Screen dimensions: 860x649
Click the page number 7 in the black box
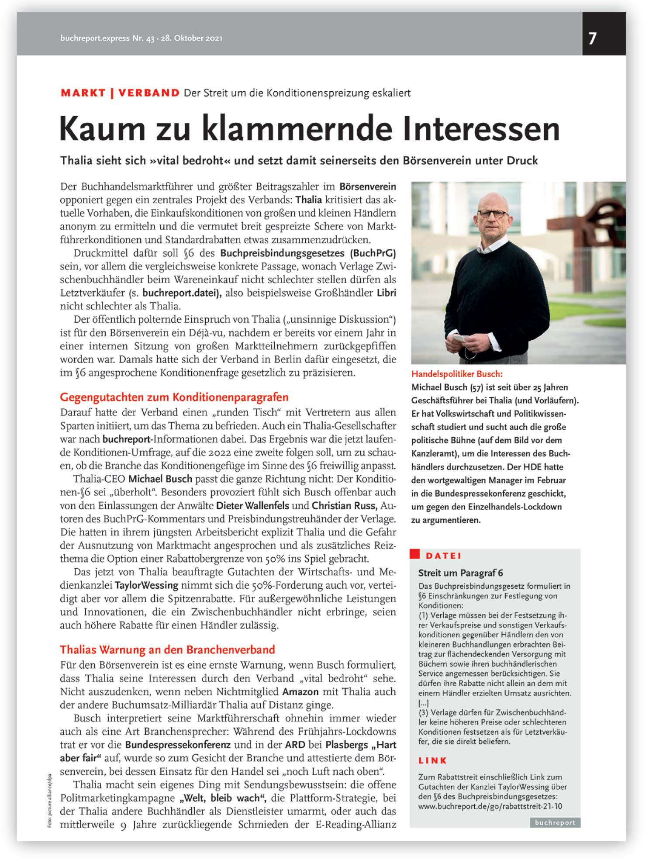pyautogui.click(x=592, y=38)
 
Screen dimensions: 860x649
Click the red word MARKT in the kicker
pyautogui.click(x=83, y=93)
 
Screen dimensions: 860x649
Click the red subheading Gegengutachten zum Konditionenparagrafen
pyautogui.click(x=174, y=397)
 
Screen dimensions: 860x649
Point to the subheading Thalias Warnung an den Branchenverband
pyautogui.click(x=167, y=649)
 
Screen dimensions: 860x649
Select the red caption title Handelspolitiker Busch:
pyautogui.click(x=457, y=374)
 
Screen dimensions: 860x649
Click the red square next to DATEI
pyautogui.click(x=414, y=555)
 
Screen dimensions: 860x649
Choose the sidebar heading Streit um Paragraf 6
pyautogui.click(x=460, y=573)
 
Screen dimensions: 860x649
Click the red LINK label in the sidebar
pyautogui.click(x=432, y=760)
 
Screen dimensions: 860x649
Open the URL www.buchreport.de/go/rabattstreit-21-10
pyautogui.click(x=490, y=806)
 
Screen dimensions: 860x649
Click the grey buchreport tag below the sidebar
pyautogui.click(x=555, y=823)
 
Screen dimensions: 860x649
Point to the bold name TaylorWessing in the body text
pyautogui.click(x=146, y=585)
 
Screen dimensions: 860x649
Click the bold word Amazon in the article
pyautogui.click(x=300, y=691)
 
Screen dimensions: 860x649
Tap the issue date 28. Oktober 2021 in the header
pyautogui.click(x=191, y=38)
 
